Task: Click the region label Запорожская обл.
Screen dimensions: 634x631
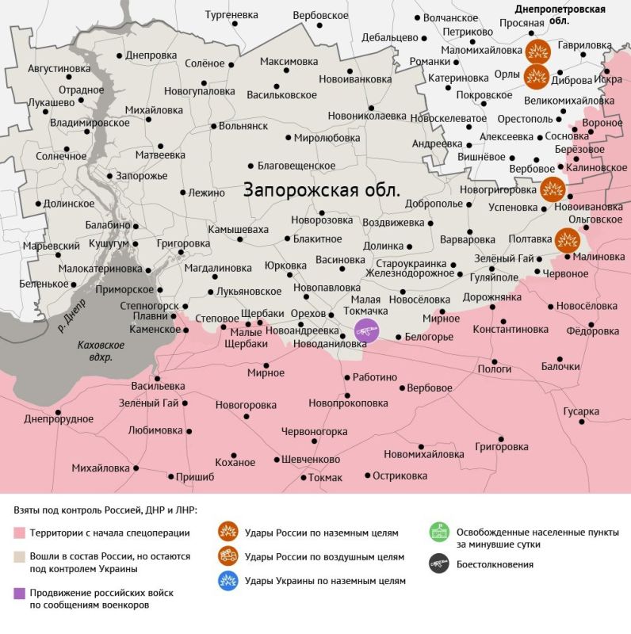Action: tap(322, 191)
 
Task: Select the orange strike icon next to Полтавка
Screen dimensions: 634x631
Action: tap(568, 239)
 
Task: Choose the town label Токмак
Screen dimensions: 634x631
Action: tap(325, 477)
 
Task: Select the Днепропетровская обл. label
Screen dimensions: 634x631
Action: tap(560, 15)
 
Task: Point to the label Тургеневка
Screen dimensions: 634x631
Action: tap(231, 15)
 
